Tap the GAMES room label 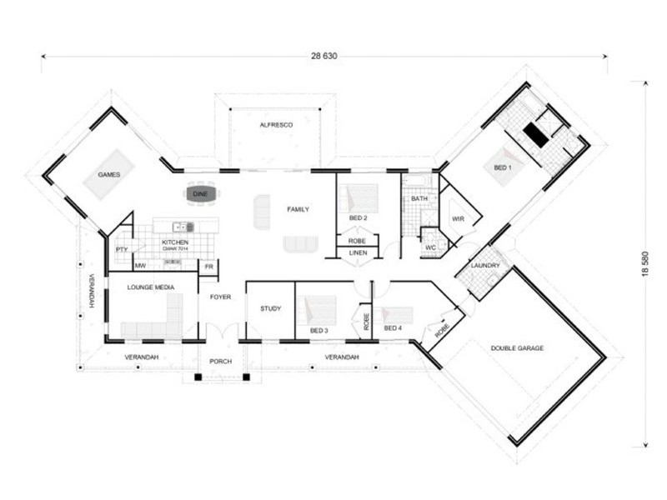coord(109,175)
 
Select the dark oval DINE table coord(200,194)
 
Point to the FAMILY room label coord(298,209)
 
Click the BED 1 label coord(504,167)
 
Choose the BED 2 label coord(357,218)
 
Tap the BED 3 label coord(318,331)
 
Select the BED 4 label coord(393,328)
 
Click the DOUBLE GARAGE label coord(517,347)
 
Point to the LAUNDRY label coord(484,266)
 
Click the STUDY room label coord(270,308)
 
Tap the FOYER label coord(220,296)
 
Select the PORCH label coord(222,362)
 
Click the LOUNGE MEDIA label coord(149,287)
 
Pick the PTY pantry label coord(122,248)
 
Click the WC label coord(431,247)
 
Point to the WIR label coord(458,218)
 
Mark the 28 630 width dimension coord(323,56)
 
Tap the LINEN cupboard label coord(357,252)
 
